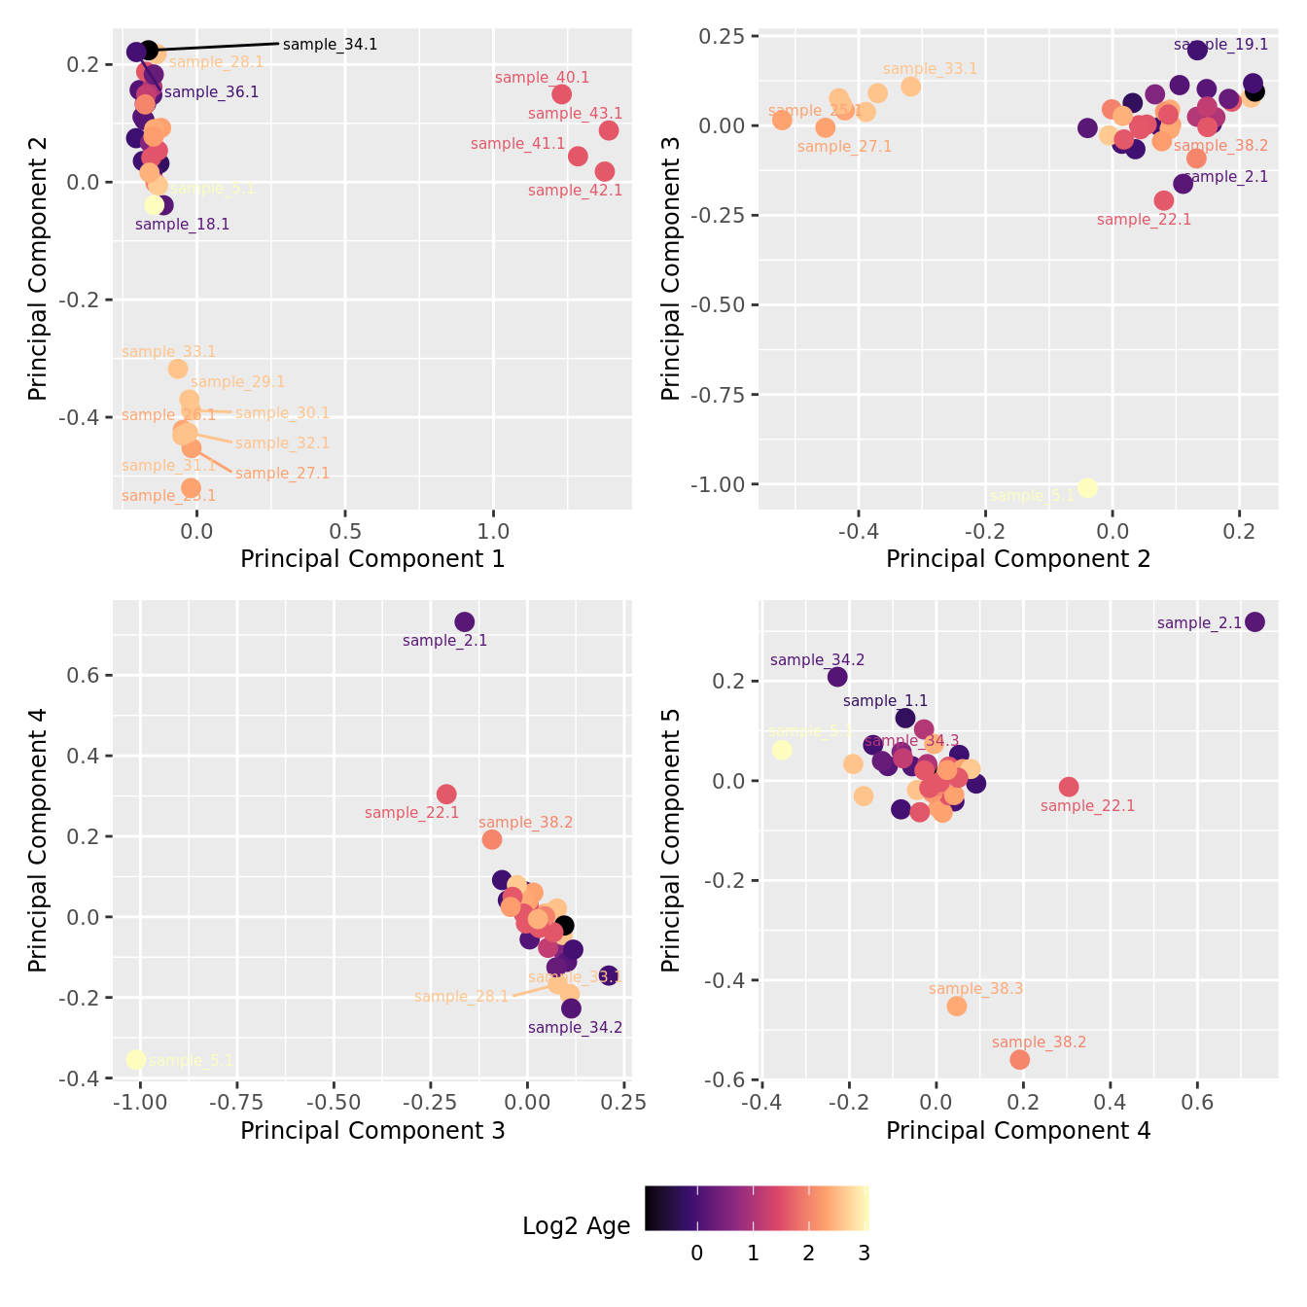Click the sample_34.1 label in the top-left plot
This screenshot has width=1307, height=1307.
pos(330,45)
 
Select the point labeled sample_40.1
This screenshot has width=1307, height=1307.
pos(561,94)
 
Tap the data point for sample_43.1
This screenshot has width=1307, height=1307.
pos(609,130)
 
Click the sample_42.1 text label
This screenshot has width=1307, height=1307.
pos(575,191)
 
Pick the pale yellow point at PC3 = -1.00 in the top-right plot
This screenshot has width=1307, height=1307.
pos(1087,487)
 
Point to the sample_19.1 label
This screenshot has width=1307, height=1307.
pos(1220,45)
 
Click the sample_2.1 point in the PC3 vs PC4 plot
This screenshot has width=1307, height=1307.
pos(465,622)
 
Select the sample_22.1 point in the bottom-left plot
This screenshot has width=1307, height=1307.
pos(446,795)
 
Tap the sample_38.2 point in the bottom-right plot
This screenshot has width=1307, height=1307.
pos(1019,1059)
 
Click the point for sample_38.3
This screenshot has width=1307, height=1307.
pos(957,1006)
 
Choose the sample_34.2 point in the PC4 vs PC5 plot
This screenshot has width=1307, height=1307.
pos(837,677)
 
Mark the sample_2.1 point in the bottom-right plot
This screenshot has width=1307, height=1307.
pos(1254,622)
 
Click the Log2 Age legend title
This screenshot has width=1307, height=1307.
pos(576,1226)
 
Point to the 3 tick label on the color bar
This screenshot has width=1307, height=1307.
pos(864,1254)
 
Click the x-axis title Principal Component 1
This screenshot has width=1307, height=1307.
pos(372,559)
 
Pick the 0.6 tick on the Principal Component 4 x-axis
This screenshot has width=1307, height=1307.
pos(1197,1103)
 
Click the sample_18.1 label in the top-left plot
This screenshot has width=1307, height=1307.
pos(182,225)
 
